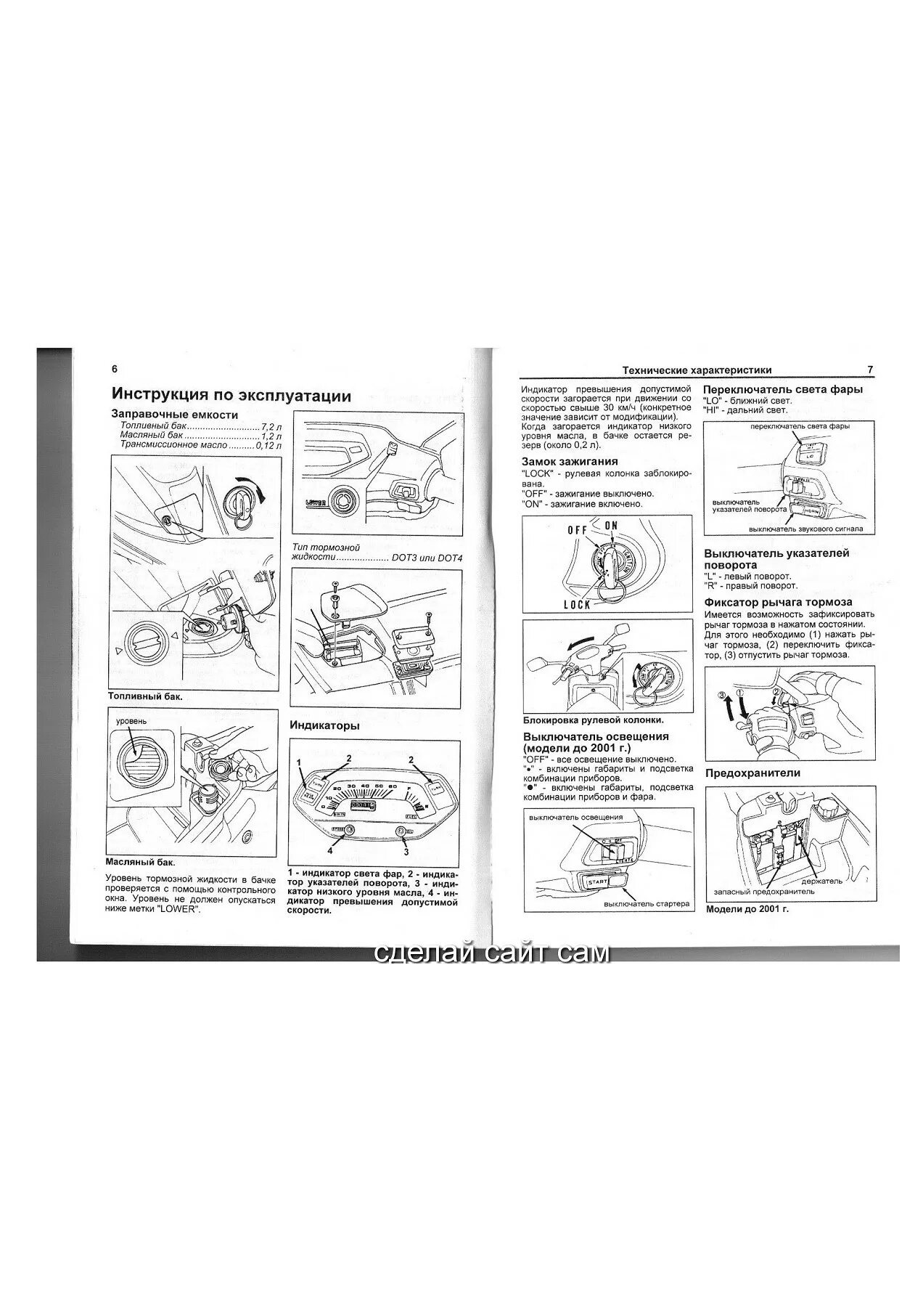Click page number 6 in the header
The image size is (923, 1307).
pyautogui.click(x=115, y=369)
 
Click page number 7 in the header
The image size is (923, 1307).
pyautogui.click(x=870, y=370)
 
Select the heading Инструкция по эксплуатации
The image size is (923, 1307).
pyautogui.click(x=231, y=396)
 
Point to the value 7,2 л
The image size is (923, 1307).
pyautogui.click(x=270, y=425)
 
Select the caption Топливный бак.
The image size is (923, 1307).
pyautogui.click(x=144, y=696)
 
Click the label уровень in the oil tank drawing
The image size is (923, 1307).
pyautogui.click(x=131, y=721)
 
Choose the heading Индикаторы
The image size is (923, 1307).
pyautogui.click(x=324, y=725)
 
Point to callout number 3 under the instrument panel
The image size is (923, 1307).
pyautogui.click(x=406, y=852)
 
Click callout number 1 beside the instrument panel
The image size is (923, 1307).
pyautogui.click(x=299, y=762)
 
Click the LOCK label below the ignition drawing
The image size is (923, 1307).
pyautogui.click(x=577, y=604)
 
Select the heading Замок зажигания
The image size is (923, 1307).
pyautogui.click(x=570, y=461)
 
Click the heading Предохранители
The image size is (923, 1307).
pyautogui.click(x=752, y=773)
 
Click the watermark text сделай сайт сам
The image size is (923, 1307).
pyautogui.click(x=492, y=952)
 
